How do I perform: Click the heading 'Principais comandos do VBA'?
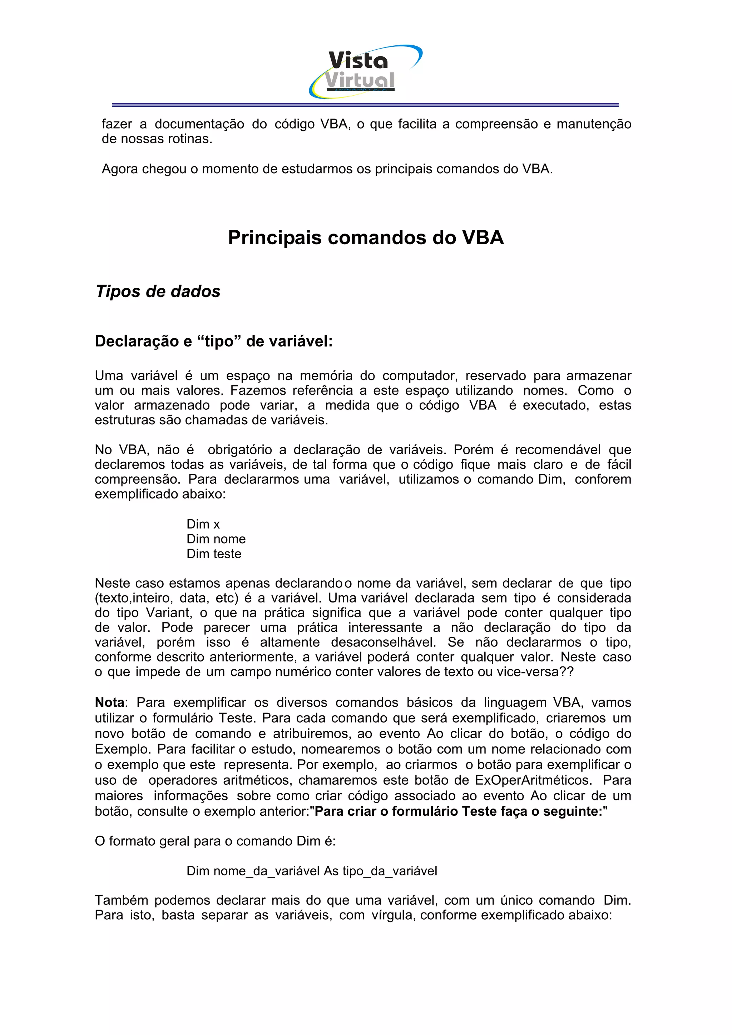[x=365, y=237]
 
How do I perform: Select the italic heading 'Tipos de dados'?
[x=158, y=291]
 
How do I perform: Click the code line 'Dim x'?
[x=203, y=524]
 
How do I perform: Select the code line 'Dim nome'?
[x=216, y=539]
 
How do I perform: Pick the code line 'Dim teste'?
[x=214, y=554]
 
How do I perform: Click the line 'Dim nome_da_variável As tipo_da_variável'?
[x=312, y=871]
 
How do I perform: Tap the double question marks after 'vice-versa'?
[x=567, y=672]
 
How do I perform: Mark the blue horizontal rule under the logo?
[x=365, y=105]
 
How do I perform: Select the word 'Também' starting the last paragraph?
[x=120, y=900]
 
